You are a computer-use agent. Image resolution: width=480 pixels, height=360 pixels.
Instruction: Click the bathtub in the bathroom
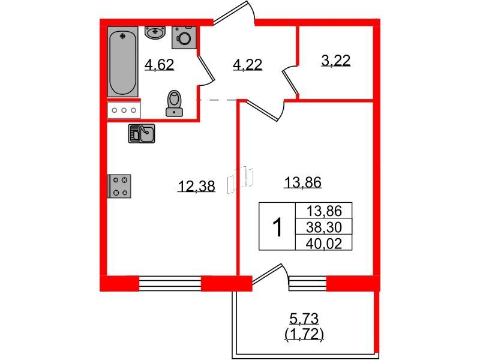coord(123,62)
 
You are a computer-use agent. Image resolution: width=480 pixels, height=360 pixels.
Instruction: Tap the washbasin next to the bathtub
coord(155,32)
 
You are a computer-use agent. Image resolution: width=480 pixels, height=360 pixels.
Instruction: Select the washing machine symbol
coord(184,38)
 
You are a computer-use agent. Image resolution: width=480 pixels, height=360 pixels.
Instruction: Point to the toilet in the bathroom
coord(174,103)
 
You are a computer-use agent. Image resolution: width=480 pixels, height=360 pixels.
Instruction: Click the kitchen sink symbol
coord(142,133)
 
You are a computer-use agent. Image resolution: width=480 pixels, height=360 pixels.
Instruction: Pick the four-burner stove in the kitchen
coord(119,186)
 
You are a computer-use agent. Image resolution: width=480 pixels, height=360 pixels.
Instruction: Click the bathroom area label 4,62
coord(160,65)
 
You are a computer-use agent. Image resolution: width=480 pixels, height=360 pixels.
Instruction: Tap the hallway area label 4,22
coord(247,65)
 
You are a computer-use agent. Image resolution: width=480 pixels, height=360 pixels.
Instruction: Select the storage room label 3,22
coord(335,61)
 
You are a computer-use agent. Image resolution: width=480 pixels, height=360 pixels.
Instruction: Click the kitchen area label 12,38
coord(197,186)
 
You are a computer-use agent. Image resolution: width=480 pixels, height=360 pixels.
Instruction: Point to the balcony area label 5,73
coord(304,319)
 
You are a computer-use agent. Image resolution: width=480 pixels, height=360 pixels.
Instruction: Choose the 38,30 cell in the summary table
coord(324,227)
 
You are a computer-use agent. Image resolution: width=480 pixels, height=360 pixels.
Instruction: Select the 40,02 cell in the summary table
coord(324,243)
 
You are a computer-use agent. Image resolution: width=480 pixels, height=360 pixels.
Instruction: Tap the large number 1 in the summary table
coord(277,227)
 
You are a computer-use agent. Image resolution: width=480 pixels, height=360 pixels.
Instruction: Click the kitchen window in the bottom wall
coord(170,283)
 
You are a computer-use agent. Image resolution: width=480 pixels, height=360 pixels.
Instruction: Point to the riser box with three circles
coord(124,110)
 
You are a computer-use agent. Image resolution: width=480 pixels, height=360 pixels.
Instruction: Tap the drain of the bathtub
coord(123,37)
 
